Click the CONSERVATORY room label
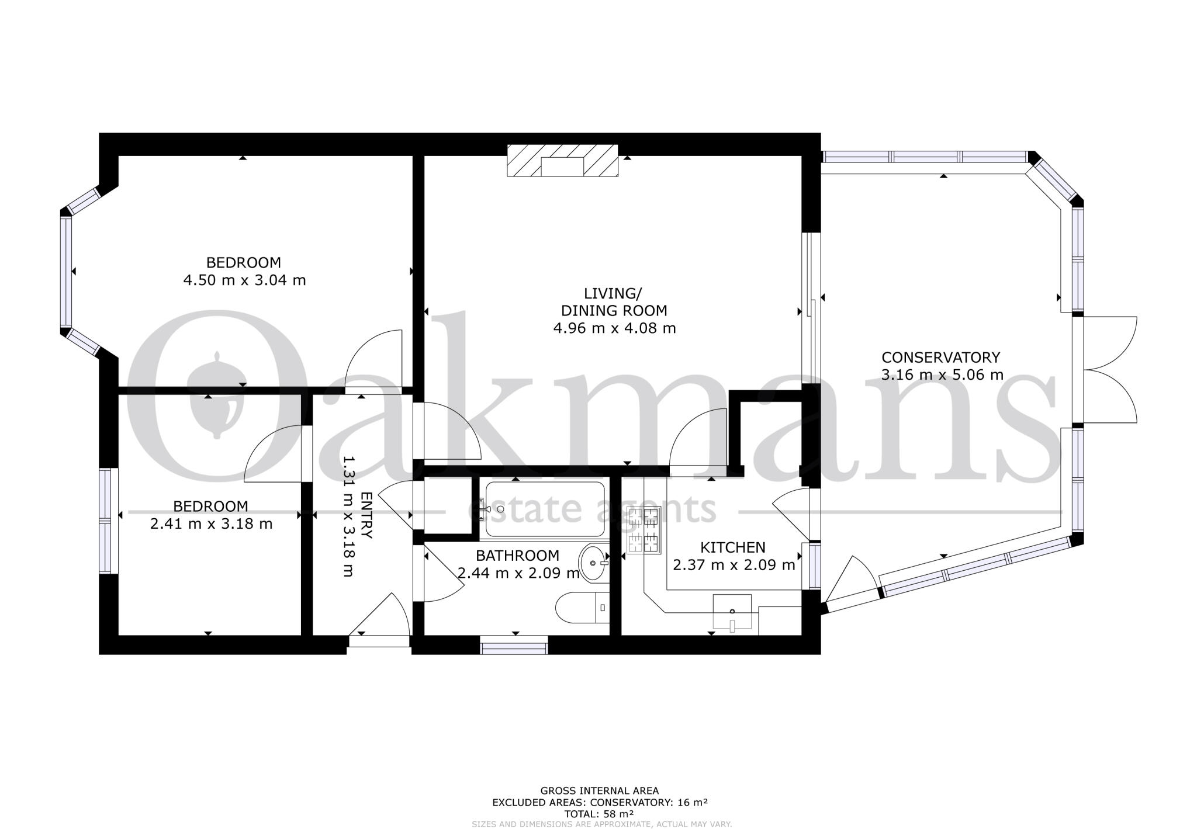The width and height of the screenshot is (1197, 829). [940, 357]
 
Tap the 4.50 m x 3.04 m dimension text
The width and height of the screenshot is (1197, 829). [244, 280]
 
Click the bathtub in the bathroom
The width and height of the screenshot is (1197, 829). [545, 509]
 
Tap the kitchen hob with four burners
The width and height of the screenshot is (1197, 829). [643, 530]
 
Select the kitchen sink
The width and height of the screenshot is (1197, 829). [732, 613]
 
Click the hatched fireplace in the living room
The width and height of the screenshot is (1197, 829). [562, 161]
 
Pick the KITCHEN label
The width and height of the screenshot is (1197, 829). [733, 547]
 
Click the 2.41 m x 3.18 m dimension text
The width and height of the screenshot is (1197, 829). [211, 524]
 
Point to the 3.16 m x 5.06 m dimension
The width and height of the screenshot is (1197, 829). [942, 374]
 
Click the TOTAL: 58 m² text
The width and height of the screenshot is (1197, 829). [598, 813]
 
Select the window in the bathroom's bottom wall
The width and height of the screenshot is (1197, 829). [514, 647]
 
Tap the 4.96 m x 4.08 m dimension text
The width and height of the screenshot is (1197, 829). [614, 328]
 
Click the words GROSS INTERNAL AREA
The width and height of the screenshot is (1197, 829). [599, 791]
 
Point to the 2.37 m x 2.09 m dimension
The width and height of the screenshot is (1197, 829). [734, 566]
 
